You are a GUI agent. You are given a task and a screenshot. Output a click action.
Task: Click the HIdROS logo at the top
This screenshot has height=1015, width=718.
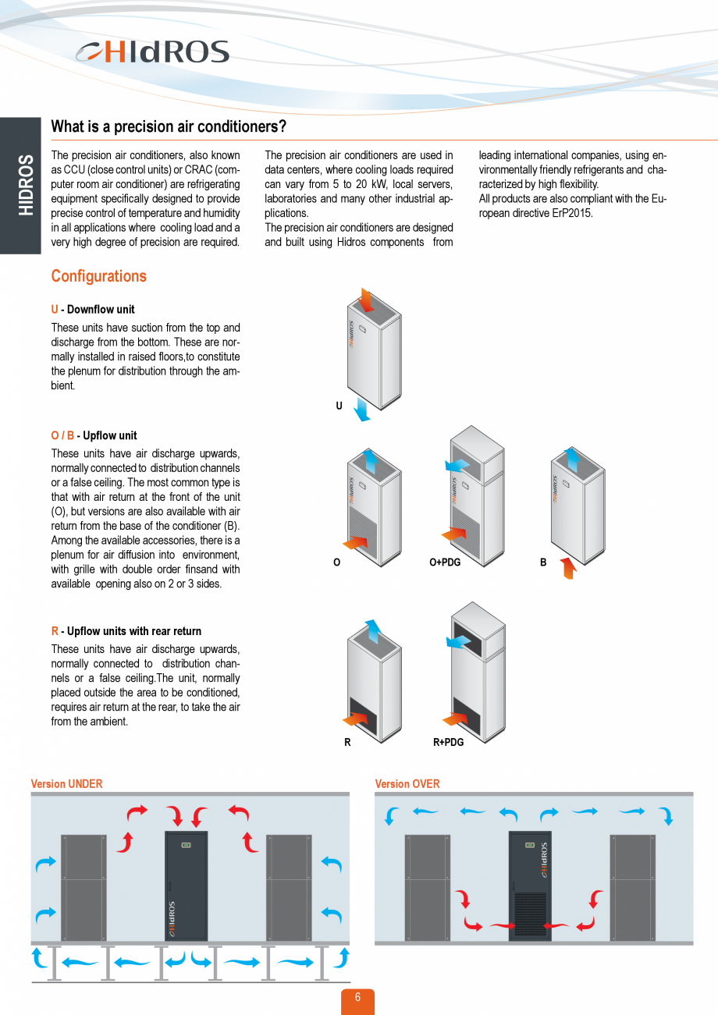click(153, 52)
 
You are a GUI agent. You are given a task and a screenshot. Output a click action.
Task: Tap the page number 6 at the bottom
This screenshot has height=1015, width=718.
click(357, 999)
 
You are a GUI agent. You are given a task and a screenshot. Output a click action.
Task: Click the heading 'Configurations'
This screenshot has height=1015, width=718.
click(98, 276)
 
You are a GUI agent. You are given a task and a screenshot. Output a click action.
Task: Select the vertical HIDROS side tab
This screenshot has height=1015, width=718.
click(21, 186)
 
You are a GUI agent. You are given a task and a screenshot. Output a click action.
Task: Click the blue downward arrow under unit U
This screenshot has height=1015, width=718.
click(360, 408)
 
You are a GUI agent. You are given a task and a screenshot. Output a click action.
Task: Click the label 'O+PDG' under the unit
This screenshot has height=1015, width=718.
click(445, 563)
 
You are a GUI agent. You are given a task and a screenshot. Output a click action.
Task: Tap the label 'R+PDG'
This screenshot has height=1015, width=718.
click(448, 742)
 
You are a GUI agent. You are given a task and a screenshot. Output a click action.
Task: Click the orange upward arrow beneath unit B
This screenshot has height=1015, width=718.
click(567, 567)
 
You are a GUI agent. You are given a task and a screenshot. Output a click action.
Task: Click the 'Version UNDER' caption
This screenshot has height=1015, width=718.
click(66, 784)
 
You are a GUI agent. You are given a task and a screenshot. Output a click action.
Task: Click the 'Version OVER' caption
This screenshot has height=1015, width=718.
click(407, 784)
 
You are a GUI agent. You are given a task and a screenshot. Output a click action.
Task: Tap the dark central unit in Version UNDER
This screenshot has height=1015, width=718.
click(187, 886)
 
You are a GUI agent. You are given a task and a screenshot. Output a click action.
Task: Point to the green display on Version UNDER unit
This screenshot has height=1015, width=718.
click(187, 845)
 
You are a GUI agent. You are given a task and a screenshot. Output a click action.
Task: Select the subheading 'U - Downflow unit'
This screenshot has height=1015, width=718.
click(93, 310)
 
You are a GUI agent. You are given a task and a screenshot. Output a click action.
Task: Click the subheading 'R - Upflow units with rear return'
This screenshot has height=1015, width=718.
click(126, 632)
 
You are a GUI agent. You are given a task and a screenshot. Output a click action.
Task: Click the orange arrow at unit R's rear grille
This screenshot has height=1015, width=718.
click(356, 717)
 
